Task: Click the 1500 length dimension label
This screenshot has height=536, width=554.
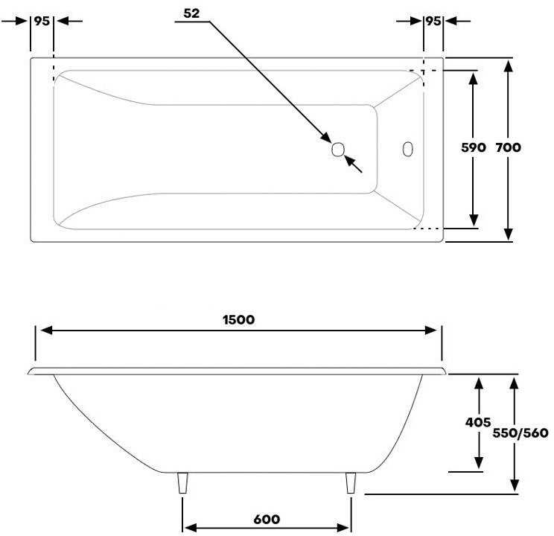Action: point(238,320)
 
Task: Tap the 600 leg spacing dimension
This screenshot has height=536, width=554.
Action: point(267,519)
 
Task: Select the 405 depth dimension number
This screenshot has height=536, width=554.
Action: point(478,422)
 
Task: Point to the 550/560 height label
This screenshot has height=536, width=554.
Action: point(520,433)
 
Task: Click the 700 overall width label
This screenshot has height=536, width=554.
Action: point(508,147)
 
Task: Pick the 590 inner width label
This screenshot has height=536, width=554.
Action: point(474,147)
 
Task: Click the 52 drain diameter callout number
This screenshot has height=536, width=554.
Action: point(191,13)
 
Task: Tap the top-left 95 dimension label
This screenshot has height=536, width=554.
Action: point(42,21)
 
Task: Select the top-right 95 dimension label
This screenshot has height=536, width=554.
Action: point(433,21)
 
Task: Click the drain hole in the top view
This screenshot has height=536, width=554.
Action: point(338,149)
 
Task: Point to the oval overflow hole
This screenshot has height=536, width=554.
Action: point(408,149)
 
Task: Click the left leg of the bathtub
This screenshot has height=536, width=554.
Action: point(182,482)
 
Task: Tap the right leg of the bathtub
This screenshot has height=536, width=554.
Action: point(351,482)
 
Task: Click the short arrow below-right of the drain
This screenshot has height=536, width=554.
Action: point(353,164)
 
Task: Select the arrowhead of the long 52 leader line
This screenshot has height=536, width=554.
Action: point(325,137)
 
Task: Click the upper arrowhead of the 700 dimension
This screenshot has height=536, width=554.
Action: point(508,66)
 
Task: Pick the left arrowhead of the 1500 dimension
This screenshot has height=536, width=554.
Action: point(47,331)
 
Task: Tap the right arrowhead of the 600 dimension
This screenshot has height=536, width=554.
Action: point(343,528)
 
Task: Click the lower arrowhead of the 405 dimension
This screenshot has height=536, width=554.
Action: point(478,462)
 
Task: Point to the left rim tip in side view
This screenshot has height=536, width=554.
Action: point(28,372)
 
